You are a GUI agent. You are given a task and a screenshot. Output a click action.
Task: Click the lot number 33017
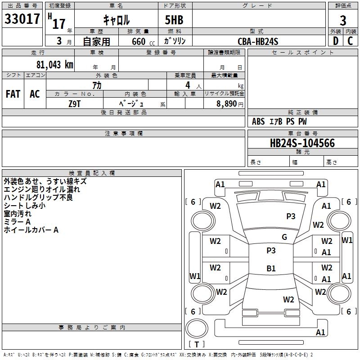pos(22,19)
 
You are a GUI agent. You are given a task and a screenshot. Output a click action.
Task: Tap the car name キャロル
pos(116,19)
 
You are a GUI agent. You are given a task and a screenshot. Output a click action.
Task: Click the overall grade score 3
pos(343,21)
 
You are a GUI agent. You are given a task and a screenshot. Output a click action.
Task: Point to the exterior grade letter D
pos(335,41)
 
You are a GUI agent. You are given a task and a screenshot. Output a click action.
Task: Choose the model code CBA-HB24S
pos(258,41)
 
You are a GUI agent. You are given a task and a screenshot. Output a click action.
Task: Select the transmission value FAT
pos(13,94)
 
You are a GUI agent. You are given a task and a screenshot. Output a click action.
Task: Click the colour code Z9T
pos(75,103)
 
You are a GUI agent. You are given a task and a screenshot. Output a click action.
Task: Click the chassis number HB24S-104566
pos(302,143)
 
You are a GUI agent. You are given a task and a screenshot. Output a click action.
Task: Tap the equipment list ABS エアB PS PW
pos(279,121)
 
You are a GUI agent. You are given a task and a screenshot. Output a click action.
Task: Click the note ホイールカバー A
pos(31,230)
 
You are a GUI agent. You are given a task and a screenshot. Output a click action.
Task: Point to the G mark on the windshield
pos(284,237)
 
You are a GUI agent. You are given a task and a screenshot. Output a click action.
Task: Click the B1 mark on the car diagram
pos(271,269)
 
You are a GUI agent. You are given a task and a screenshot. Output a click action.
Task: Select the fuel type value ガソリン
pos(175,41)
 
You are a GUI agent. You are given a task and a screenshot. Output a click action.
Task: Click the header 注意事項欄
pos(123,134)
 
